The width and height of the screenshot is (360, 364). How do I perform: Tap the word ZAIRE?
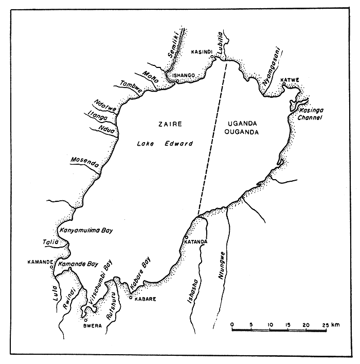pyautogui.click(x=167, y=124)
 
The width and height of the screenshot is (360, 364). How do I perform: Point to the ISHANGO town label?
pyautogui.click(x=184, y=76)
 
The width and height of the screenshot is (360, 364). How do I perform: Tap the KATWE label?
pyautogui.click(x=290, y=79)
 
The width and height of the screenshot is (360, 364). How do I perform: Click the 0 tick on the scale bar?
pyautogui.click(x=232, y=324)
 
